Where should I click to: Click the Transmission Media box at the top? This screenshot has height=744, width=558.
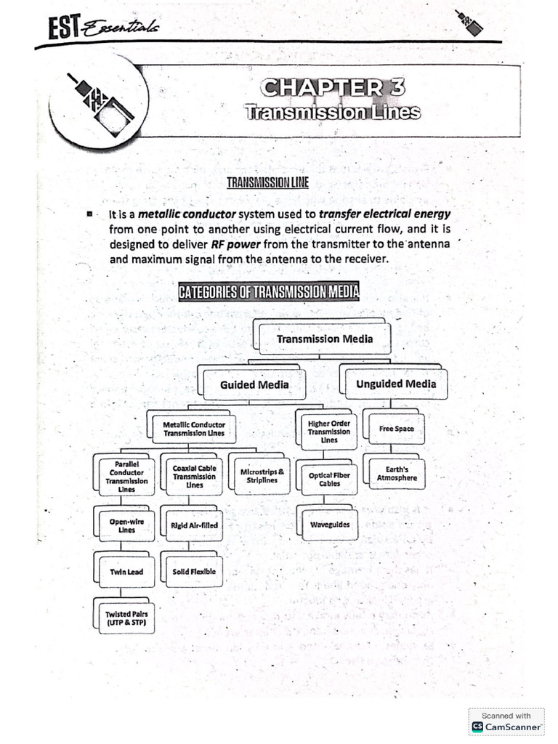(x=324, y=339)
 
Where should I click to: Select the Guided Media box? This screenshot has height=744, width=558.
(x=254, y=384)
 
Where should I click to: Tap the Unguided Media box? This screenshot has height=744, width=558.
(x=395, y=384)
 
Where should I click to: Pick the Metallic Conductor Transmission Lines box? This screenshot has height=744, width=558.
(x=193, y=429)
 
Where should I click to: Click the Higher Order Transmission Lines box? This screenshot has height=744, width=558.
(x=328, y=431)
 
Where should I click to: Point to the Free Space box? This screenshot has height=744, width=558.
(x=395, y=429)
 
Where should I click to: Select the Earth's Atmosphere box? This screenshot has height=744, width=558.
(x=397, y=474)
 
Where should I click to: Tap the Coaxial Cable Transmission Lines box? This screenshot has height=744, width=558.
(x=194, y=477)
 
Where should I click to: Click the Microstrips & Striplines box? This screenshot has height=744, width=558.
(x=262, y=476)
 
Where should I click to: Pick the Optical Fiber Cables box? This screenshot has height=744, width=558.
(x=329, y=480)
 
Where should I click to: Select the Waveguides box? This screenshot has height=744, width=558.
(x=329, y=524)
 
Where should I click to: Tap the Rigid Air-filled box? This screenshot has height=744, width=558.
(x=194, y=525)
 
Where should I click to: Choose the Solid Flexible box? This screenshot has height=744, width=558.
(x=194, y=572)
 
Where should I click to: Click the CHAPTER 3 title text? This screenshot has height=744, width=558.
(x=333, y=88)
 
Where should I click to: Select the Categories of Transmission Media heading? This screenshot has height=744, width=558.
(x=270, y=292)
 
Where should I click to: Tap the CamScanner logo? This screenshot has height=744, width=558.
(x=506, y=726)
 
